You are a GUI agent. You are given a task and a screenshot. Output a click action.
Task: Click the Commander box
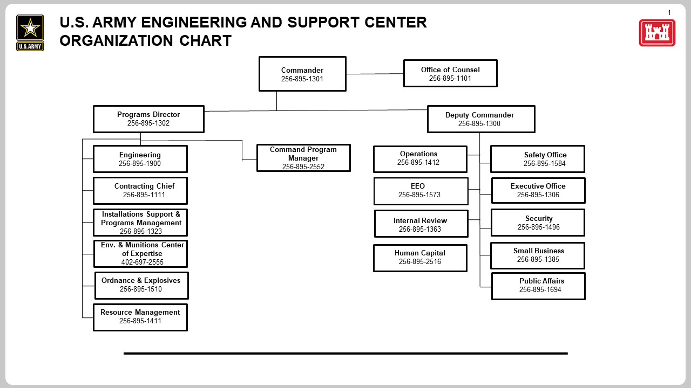(x=302, y=74)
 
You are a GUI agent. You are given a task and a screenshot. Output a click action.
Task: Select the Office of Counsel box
(x=450, y=73)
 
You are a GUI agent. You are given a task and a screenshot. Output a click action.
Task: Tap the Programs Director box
(x=148, y=119)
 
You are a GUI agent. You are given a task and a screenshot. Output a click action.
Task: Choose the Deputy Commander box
(x=481, y=119)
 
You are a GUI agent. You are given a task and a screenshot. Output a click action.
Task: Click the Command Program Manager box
(x=303, y=158)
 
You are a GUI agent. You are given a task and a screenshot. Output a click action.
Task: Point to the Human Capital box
(x=420, y=258)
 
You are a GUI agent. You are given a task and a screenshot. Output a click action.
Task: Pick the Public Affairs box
(x=538, y=286)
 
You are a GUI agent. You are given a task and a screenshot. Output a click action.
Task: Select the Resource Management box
(x=140, y=317)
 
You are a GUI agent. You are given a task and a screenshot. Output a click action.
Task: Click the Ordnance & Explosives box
(x=141, y=285)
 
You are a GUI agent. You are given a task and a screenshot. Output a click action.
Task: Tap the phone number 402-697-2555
(x=142, y=262)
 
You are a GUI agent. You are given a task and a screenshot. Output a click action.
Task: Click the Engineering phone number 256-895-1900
(x=140, y=164)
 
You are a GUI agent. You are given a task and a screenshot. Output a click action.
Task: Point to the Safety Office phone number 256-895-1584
(x=544, y=164)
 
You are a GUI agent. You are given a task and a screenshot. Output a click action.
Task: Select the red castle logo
(x=657, y=33)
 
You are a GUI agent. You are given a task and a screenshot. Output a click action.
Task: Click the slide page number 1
(x=669, y=12)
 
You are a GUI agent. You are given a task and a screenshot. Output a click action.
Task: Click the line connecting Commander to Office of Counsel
(x=375, y=74)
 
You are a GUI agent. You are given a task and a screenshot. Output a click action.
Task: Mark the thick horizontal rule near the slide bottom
(x=345, y=354)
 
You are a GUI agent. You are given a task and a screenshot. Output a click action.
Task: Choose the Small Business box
(x=538, y=255)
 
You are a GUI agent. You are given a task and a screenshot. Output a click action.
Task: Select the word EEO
(x=418, y=186)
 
